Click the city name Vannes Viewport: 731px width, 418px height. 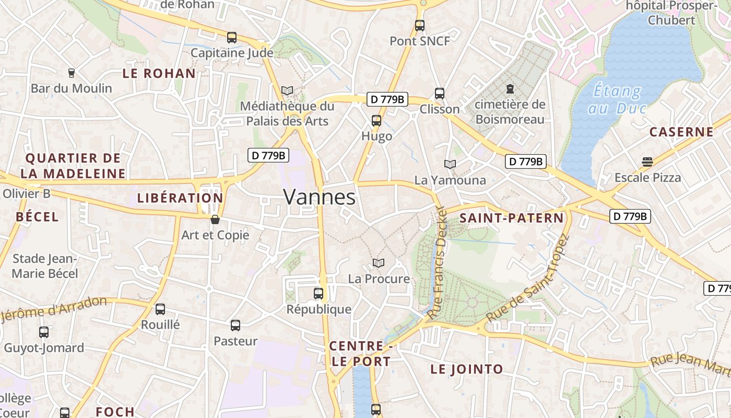pyautogui.click(x=319, y=198)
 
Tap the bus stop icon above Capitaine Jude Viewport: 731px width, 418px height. pyautogui.click(x=232, y=38)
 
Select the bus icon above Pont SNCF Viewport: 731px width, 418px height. pyautogui.click(x=420, y=25)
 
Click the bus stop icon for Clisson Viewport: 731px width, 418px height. pyautogui.click(x=440, y=94)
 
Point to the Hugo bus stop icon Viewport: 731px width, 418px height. pyautogui.click(x=376, y=121)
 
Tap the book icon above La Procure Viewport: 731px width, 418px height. pyautogui.click(x=379, y=263)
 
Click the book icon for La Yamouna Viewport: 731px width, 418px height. pyautogui.click(x=450, y=164)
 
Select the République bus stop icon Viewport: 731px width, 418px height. pyautogui.click(x=319, y=294)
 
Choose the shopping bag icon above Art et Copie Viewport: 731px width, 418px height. pyautogui.click(x=215, y=219)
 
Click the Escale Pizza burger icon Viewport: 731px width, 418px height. pyautogui.click(x=647, y=161)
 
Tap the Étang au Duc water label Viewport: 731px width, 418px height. pyautogui.click(x=617, y=99)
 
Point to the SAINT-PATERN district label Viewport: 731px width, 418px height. pyautogui.click(x=512, y=218)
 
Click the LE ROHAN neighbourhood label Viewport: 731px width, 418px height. pyautogui.click(x=159, y=74)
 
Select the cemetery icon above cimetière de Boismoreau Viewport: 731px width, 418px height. pyautogui.click(x=510, y=89)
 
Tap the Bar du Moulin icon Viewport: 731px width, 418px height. pyautogui.click(x=72, y=73)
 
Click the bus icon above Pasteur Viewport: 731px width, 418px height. pyautogui.click(x=235, y=326)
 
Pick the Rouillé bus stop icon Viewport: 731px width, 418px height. pyautogui.click(x=160, y=309)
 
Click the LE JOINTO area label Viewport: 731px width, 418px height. pyautogui.click(x=466, y=369)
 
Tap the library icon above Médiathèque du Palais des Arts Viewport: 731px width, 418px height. pyautogui.click(x=287, y=90)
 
